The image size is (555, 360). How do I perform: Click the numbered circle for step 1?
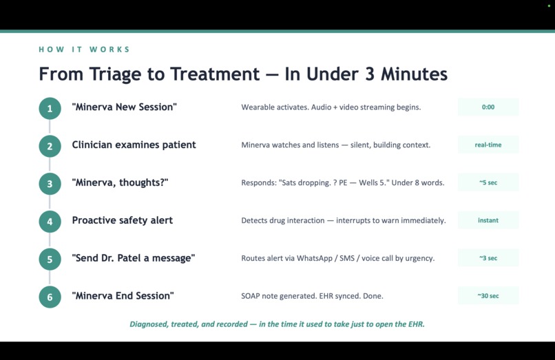point(50,108)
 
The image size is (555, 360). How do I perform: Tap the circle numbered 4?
point(50,221)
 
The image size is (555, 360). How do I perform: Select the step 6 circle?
point(50,297)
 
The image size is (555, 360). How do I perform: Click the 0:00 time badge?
point(488,107)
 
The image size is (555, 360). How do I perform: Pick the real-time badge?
point(488,145)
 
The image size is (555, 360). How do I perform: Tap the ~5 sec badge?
point(488,183)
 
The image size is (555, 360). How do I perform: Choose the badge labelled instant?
point(488,221)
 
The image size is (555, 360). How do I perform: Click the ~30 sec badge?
point(488,296)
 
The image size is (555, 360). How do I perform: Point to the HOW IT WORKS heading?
point(84,50)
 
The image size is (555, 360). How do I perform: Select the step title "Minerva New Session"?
point(124,107)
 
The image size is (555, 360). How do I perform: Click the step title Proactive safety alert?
point(122,220)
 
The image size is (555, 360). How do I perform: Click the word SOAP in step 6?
point(251,296)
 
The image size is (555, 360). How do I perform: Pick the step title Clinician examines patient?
point(134,145)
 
